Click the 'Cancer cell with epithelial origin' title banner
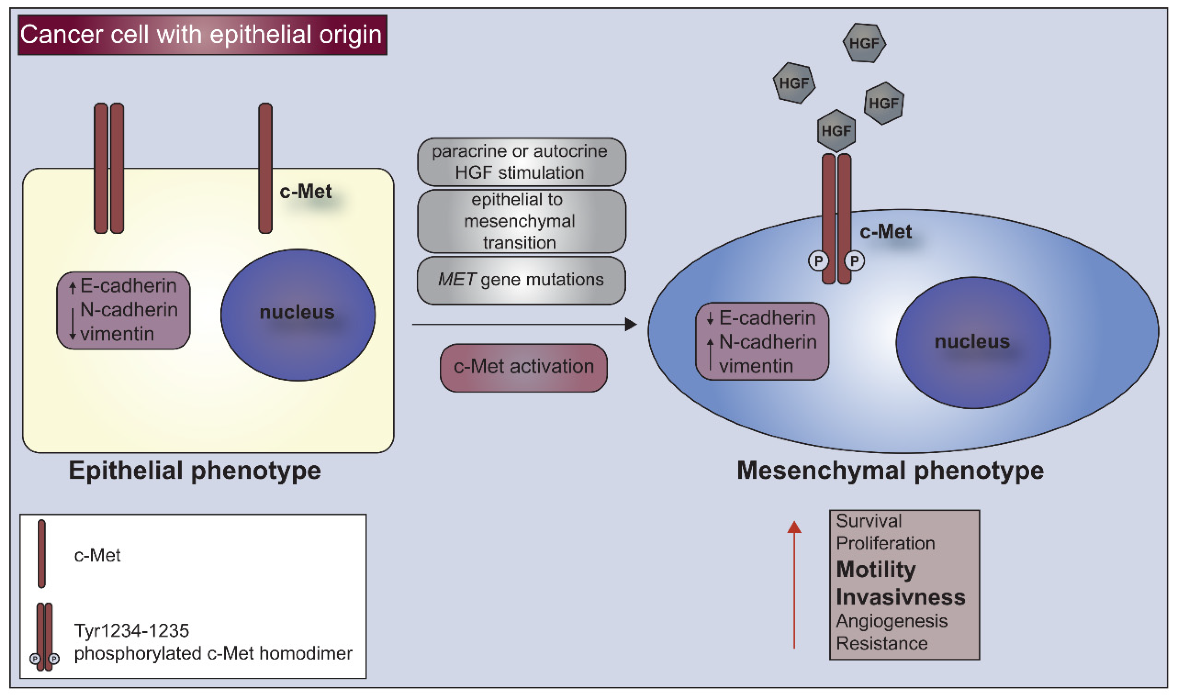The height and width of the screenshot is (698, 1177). (x=202, y=35)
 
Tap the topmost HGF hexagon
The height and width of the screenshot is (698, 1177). (x=864, y=43)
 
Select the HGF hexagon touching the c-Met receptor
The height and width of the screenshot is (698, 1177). (x=836, y=131)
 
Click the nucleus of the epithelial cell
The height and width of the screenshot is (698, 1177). (x=298, y=315)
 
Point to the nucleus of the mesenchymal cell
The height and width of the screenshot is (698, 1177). (x=973, y=342)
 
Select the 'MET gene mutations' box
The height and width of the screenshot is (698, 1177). (x=521, y=280)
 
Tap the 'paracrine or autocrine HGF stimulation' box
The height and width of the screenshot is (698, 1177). (x=521, y=162)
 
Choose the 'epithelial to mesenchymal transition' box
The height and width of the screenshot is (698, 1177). (x=521, y=221)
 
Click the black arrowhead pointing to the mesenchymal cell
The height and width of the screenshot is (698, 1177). (x=631, y=324)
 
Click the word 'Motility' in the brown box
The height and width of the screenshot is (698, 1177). (x=876, y=570)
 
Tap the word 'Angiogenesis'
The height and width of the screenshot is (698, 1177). (x=891, y=621)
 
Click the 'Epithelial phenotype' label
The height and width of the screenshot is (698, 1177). (x=195, y=470)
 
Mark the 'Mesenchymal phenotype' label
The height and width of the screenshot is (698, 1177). (x=890, y=470)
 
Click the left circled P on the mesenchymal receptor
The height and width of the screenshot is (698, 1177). (x=818, y=261)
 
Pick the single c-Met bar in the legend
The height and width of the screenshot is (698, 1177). (x=42, y=554)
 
